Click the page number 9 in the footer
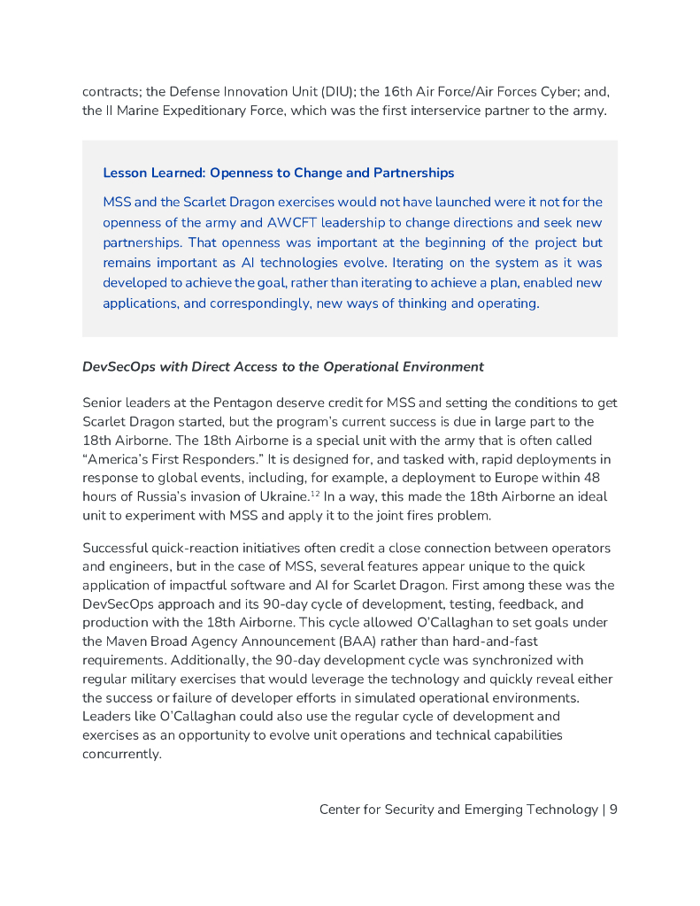[613, 809]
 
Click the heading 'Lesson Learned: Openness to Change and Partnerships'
[278, 173]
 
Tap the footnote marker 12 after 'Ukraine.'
[315, 493]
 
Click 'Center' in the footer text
[340, 809]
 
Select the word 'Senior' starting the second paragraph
[104, 403]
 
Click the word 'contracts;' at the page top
[113, 91]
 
